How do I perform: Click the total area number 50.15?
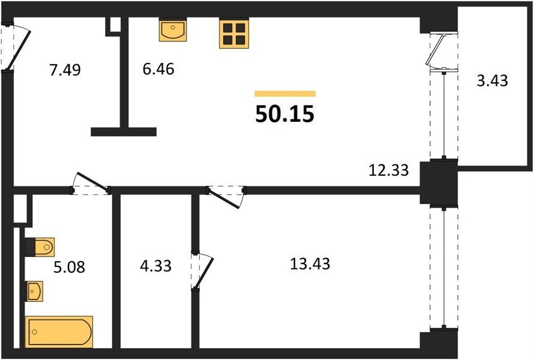click(284, 114)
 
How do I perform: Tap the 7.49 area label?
click(65, 70)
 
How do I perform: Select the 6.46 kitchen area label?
click(158, 69)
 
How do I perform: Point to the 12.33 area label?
click(389, 170)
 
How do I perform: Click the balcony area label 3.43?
click(492, 81)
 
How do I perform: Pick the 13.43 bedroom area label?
click(310, 264)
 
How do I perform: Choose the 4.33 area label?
click(155, 266)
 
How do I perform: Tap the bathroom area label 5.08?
click(70, 267)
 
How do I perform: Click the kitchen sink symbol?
click(173, 29)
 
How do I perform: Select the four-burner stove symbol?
click(234, 33)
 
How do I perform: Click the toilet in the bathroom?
click(40, 246)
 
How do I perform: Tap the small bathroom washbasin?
click(35, 291)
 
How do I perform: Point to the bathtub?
click(59, 332)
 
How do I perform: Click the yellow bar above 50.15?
click(285, 94)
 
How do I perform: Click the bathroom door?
click(91, 184)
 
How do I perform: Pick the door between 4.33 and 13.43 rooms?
click(202, 271)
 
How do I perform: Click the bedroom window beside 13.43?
click(444, 268)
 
